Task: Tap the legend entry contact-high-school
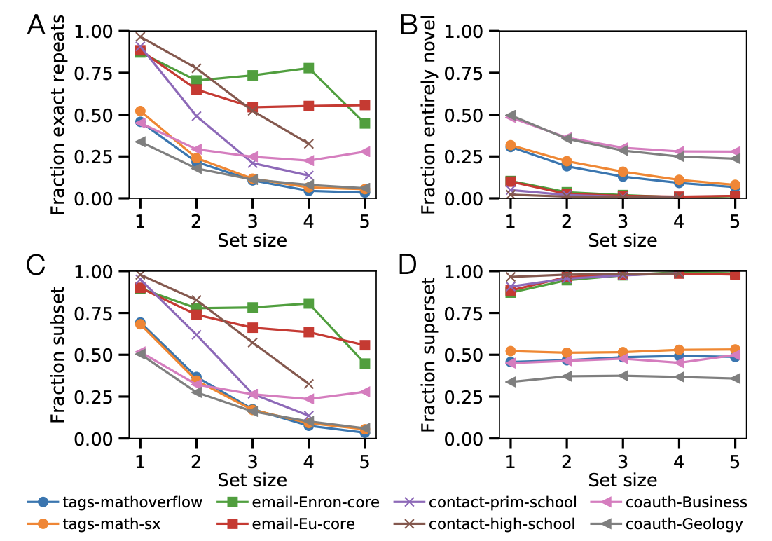[x=502, y=523]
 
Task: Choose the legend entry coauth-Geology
[x=683, y=523]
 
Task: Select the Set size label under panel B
[x=622, y=240]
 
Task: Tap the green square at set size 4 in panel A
[x=308, y=68]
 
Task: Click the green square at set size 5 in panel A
[x=364, y=123]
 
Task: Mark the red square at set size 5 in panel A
[x=364, y=104]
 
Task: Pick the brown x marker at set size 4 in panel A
[x=308, y=144]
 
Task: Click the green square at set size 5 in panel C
[x=364, y=364]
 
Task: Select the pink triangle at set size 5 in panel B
[x=734, y=151]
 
